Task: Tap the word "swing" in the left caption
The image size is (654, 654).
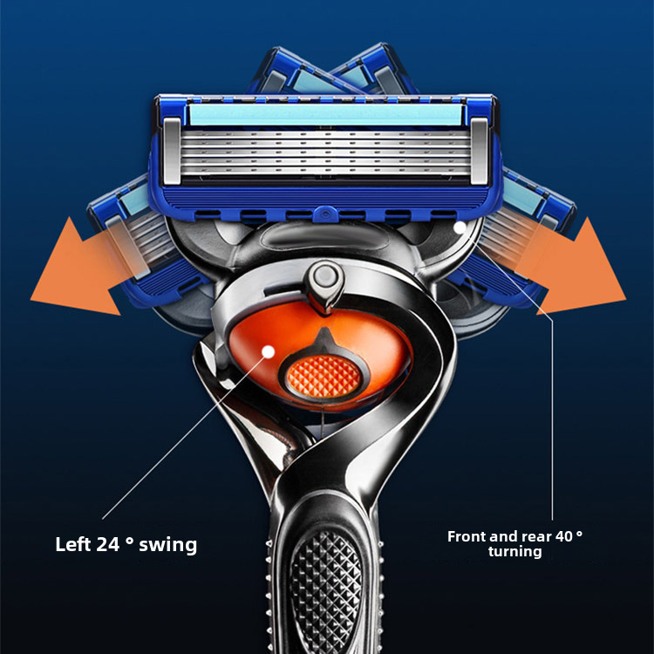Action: click(167, 545)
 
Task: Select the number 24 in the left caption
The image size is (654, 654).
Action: click(108, 544)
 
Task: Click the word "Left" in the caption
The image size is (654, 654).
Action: click(73, 544)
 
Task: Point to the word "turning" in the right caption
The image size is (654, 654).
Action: click(515, 551)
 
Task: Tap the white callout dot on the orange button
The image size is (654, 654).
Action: click(269, 351)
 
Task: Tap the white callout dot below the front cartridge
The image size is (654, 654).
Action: click(460, 228)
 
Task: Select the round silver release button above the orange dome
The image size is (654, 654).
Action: click(325, 276)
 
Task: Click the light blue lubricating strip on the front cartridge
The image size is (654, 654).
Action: click(326, 115)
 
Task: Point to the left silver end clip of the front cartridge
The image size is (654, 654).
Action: click(172, 151)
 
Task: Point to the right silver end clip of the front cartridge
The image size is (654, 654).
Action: click(480, 151)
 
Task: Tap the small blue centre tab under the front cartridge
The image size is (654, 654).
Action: click(325, 215)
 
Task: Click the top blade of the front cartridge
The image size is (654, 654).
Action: click(326, 134)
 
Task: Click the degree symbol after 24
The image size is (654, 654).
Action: click(129, 541)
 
